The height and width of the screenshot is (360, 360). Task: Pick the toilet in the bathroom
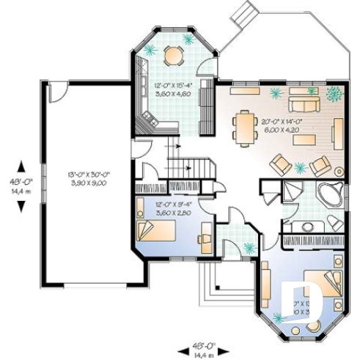pos(335,223)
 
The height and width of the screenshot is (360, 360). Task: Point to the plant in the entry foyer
pos(249,246)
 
